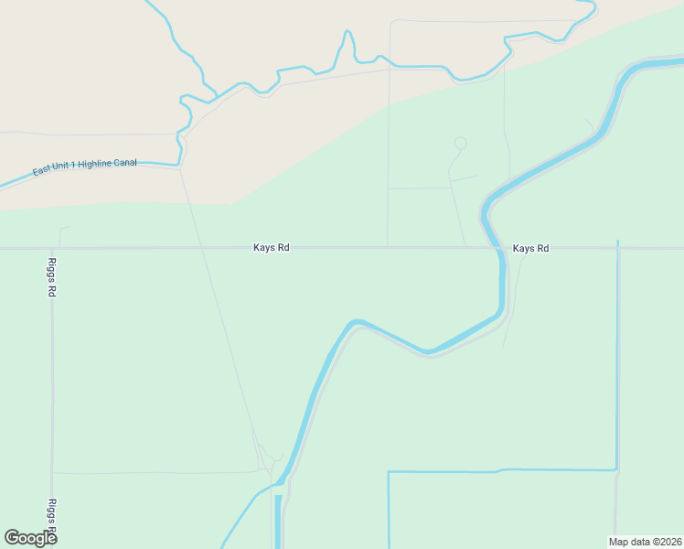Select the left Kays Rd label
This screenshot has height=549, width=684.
(272, 248)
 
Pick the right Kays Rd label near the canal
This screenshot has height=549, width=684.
(530, 248)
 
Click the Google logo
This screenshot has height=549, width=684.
(30, 538)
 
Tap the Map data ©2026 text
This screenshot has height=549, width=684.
(645, 541)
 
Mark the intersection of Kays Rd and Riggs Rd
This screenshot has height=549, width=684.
(52, 248)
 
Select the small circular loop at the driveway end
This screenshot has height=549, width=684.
(460, 143)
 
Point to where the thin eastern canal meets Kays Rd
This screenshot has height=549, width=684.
(618, 248)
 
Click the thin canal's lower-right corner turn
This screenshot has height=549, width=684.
(617, 470)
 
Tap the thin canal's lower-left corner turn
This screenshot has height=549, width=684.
(389, 472)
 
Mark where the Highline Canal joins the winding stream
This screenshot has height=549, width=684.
(179, 165)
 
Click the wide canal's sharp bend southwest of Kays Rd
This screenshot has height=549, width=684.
(355, 323)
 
